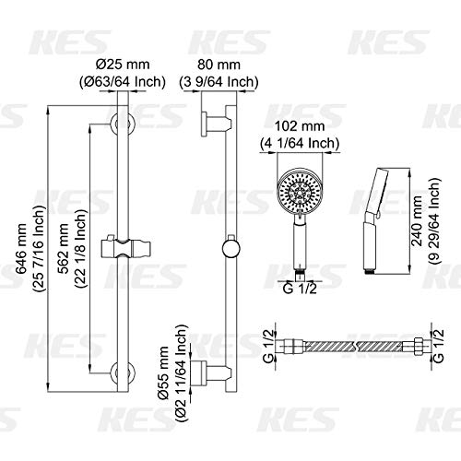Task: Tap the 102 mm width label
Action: (x=298, y=130)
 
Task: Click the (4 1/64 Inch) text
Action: (x=298, y=144)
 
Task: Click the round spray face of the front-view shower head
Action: (x=299, y=195)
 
